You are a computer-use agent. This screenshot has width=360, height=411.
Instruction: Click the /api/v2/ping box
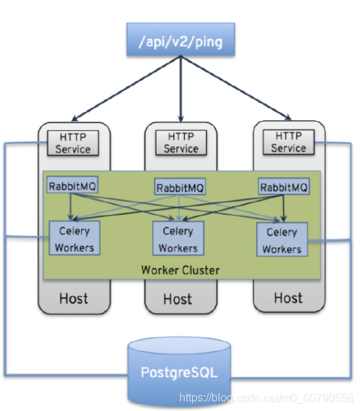[181, 39]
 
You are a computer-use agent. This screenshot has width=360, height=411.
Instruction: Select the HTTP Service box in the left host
[73, 143]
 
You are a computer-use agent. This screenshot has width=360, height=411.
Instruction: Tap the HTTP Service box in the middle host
[181, 143]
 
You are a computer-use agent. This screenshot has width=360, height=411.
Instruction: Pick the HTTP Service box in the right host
[289, 142]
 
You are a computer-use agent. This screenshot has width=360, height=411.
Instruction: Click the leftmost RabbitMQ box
[72, 185]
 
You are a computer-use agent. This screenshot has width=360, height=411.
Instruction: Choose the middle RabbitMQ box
[180, 186]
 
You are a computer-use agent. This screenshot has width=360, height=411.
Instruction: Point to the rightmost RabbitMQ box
[284, 186]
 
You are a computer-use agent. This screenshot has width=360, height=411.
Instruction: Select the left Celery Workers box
[74, 238]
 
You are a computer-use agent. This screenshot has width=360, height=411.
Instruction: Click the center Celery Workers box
[179, 238]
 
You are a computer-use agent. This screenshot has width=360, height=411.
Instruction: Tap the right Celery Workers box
[282, 239]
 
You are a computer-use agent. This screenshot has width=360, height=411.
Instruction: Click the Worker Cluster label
[181, 270]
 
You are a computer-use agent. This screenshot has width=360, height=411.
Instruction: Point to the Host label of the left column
[74, 298]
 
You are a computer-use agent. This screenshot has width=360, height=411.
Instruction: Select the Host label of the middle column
[178, 299]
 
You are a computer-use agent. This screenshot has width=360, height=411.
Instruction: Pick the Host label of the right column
[288, 298]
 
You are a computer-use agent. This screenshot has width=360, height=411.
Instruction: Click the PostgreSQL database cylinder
[179, 372]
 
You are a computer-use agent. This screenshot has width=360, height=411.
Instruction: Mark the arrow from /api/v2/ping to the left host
[126, 88]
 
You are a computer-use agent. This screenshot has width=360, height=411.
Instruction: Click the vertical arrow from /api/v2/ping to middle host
[181, 89]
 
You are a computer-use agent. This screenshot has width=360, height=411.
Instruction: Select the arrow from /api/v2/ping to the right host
[236, 88]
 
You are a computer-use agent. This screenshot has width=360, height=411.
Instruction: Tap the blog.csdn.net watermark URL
[266, 398]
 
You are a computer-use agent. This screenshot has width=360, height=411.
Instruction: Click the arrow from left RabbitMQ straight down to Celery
[70, 207]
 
